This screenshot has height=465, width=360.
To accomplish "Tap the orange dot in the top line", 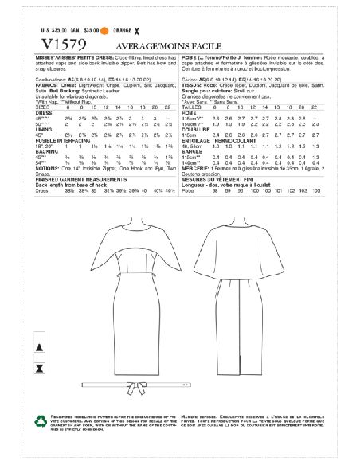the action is tap(103, 31).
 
